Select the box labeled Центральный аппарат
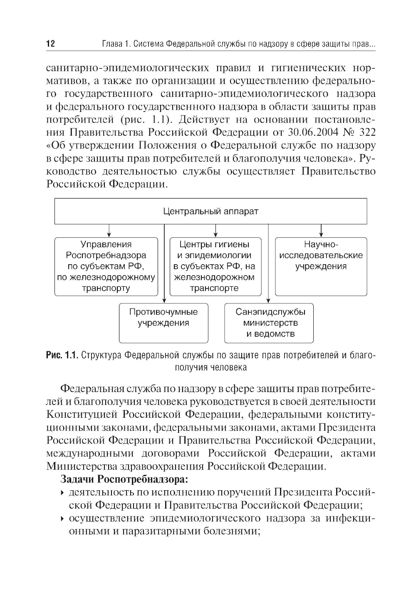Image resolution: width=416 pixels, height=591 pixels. [x=210, y=211]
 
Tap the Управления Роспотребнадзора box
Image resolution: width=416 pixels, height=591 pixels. [x=106, y=266]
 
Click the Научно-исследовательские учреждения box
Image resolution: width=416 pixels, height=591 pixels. [x=321, y=266]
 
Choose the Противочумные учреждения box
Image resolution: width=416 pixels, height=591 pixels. [x=163, y=323]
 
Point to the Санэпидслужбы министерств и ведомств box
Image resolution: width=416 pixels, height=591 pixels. [x=269, y=323]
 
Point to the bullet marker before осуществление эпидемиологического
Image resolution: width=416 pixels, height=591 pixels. [x=62, y=519]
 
